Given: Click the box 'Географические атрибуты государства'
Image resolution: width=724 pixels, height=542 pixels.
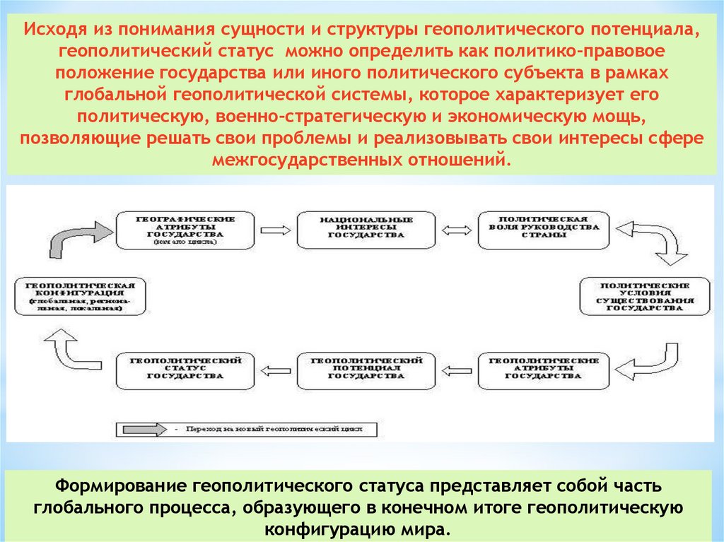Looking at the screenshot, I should pos(186,228).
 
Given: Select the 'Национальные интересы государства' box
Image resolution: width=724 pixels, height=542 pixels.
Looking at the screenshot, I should pos(366,228).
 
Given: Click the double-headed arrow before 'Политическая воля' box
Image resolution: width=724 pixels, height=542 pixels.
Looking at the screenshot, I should pos(457,229).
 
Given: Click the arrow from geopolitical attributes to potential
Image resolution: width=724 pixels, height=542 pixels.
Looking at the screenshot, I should pos(457,368).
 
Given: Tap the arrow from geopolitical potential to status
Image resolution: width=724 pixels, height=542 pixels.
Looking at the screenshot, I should pos(276,368).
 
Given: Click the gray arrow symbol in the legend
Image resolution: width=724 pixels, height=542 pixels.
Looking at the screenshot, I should pos(141,429).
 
